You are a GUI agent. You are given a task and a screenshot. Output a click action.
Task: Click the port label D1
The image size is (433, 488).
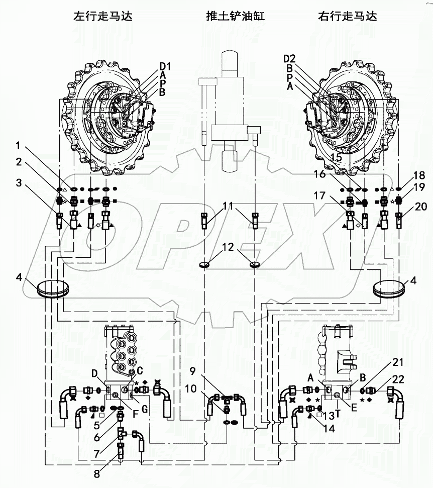pos(166,66)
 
